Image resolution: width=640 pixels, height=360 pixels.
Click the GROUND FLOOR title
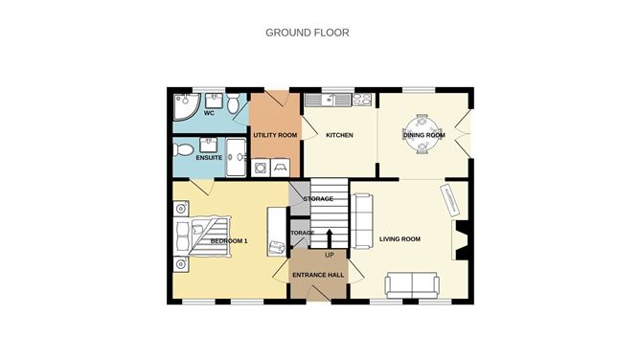[307, 33]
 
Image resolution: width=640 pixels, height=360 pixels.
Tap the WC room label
[208, 113]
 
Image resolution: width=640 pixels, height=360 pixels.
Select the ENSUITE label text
[209, 157]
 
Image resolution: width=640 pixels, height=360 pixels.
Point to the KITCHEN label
[339, 135]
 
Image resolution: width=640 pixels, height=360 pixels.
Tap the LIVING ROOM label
[400, 238]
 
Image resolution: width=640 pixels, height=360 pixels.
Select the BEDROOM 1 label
[229, 240]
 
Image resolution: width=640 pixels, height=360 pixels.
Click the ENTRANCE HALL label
[317, 275]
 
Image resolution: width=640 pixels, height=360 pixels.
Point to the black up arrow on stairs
[329, 236]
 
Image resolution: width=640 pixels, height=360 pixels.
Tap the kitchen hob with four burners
[362, 98]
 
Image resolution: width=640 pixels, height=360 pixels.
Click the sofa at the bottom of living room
[412, 283]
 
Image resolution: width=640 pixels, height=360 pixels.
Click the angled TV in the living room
[449, 198]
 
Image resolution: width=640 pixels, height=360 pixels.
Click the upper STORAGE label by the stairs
[317, 198]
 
